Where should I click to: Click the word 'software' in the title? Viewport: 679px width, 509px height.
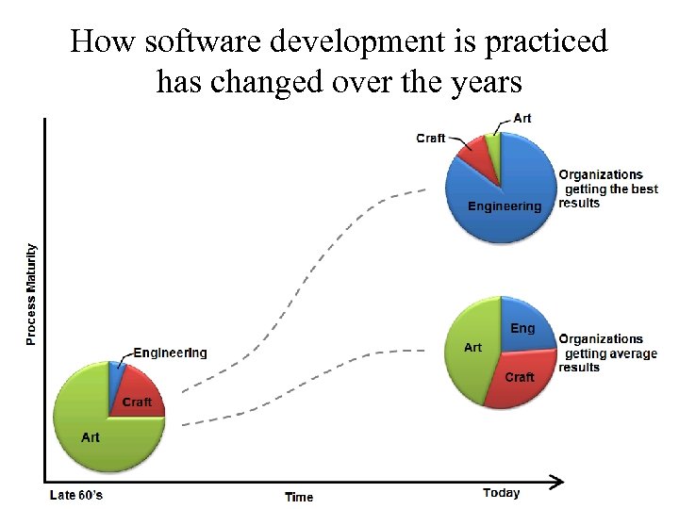click(x=192, y=41)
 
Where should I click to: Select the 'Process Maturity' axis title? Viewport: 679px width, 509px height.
click(x=31, y=294)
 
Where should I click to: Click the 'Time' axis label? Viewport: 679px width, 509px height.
click(x=299, y=497)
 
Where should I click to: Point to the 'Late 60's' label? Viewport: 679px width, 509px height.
click(x=75, y=495)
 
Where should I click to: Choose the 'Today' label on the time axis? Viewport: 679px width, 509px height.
click(x=501, y=492)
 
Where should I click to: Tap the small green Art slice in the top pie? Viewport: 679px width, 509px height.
click(x=492, y=146)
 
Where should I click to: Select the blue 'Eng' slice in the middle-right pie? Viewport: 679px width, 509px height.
click(x=524, y=326)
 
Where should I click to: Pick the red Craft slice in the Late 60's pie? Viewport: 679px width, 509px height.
click(x=139, y=396)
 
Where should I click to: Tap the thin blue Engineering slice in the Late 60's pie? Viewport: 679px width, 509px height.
click(x=116, y=379)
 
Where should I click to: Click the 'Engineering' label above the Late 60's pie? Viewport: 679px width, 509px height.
click(x=170, y=353)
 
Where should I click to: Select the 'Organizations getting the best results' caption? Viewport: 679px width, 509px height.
click(x=607, y=189)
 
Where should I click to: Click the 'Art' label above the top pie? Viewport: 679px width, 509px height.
click(x=522, y=118)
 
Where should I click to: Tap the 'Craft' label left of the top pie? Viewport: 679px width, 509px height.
click(x=430, y=138)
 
